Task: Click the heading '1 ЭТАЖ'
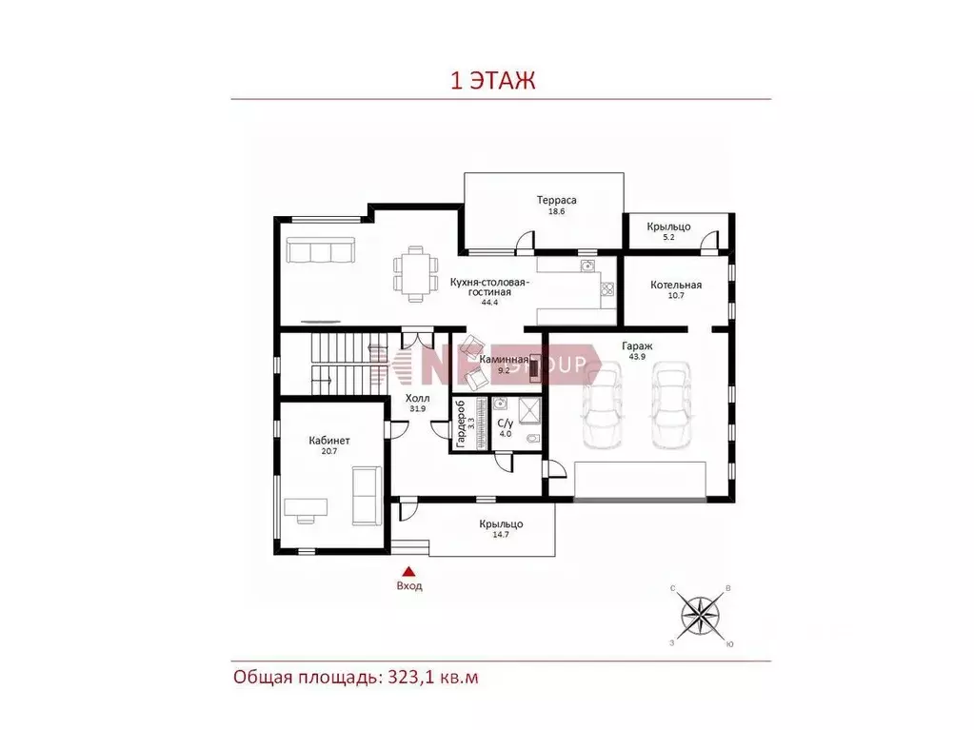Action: click(493, 81)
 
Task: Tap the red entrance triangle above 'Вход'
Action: click(408, 571)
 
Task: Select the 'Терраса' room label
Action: click(557, 201)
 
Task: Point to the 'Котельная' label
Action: click(676, 285)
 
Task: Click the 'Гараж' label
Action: click(638, 345)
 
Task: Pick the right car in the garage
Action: click(669, 403)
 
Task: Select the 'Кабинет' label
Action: click(329, 441)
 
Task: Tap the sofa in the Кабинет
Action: click(366, 495)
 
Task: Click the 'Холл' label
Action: click(417, 398)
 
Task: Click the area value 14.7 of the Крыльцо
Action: click(501, 536)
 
